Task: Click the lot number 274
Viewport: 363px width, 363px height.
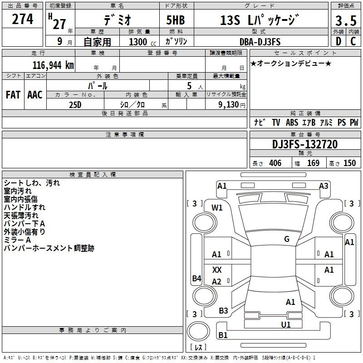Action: (22, 19)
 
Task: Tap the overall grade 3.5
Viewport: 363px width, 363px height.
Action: (346, 20)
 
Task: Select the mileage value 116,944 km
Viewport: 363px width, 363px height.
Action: (53, 65)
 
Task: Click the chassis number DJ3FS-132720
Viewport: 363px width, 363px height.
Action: (305, 144)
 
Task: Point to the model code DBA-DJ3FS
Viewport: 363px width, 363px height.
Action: (260, 42)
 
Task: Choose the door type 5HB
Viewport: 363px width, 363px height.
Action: (176, 20)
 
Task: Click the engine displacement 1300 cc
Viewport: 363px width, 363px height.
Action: (142, 42)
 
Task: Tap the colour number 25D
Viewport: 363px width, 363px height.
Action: (75, 105)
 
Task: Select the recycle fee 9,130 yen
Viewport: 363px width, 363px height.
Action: (232, 105)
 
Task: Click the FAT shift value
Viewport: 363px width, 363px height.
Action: (13, 95)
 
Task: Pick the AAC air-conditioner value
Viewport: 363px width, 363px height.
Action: (35, 95)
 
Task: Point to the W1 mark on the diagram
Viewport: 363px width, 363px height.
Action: (217, 208)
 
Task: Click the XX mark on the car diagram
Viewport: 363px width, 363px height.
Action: (217, 270)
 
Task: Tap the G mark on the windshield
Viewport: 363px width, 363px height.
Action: (287, 239)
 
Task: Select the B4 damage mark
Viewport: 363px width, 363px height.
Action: (197, 278)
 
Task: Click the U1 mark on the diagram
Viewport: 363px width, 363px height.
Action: (286, 325)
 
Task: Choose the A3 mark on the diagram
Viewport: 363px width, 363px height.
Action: (324, 186)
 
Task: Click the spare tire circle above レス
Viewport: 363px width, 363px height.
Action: (198, 331)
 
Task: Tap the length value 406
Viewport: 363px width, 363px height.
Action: (275, 163)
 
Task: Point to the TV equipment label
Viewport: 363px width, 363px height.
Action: (276, 122)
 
